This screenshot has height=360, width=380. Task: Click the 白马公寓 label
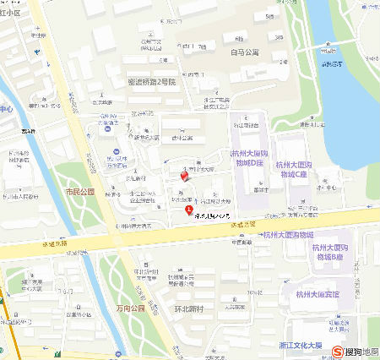click(244, 52)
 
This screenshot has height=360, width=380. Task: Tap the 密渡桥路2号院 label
click(151, 82)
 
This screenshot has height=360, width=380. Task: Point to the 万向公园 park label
click(131, 309)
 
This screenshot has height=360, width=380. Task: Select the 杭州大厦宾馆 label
click(318, 294)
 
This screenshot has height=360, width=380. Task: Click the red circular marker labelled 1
click(188, 208)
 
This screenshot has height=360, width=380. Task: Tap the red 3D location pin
click(187, 176)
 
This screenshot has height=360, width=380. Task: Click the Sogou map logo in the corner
click(355, 351)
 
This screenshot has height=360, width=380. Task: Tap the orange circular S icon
click(338, 351)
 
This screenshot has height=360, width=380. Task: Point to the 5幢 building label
click(268, 16)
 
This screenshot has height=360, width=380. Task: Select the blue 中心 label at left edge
click(6, 110)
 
